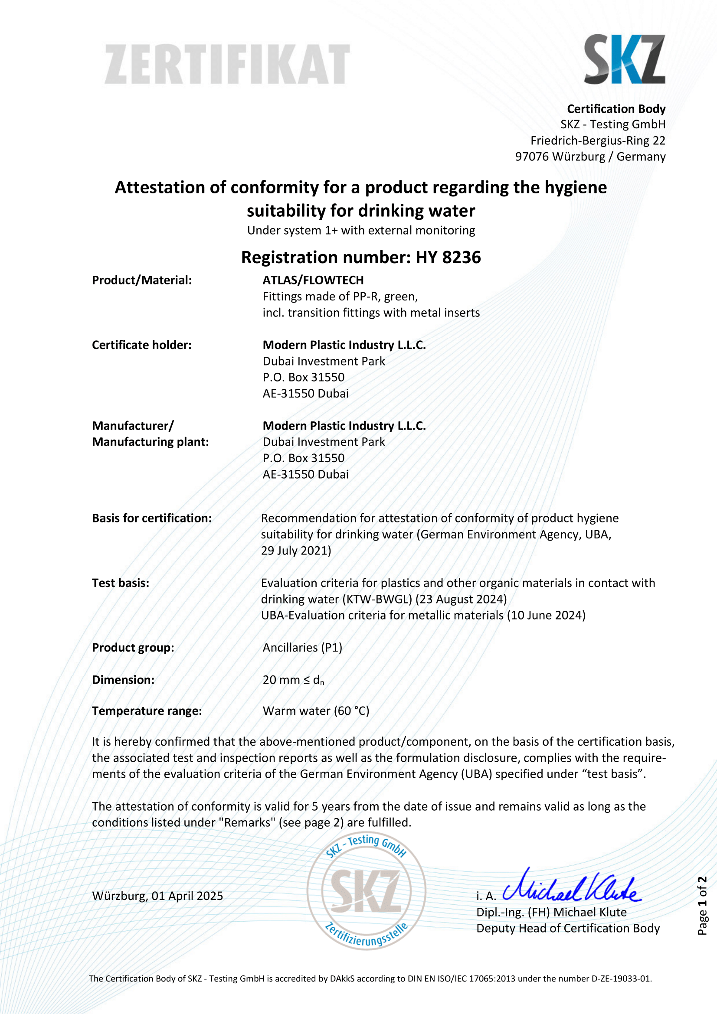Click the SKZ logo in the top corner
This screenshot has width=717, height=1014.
[x=624, y=59]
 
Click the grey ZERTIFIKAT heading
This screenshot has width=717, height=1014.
[x=227, y=65]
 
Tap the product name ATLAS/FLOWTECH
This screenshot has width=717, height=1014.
[x=313, y=280]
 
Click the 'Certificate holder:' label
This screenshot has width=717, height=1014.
[x=142, y=345]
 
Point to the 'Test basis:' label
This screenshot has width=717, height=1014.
[x=121, y=583]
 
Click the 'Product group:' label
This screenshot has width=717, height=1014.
[x=133, y=647]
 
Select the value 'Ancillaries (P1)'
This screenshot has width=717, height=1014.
[x=303, y=647]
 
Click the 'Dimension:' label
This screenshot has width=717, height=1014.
[x=123, y=680]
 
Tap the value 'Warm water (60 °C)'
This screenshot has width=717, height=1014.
[x=316, y=711]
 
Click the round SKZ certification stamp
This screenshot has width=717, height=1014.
[x=366, y=891]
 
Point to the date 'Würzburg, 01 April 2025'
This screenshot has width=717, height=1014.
[x=158, y=896]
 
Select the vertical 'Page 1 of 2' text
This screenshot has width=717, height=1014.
[x=702, y=905]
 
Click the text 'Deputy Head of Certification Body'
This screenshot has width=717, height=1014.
[x=568, y=928]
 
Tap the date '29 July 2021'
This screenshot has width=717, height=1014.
[x=296, y=551]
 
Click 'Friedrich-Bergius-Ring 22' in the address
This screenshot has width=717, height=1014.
[x=598, y=140]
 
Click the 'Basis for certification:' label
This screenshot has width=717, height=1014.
[x=152, y=518]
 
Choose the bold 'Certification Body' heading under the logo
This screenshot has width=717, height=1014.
[x=616, y=109]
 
